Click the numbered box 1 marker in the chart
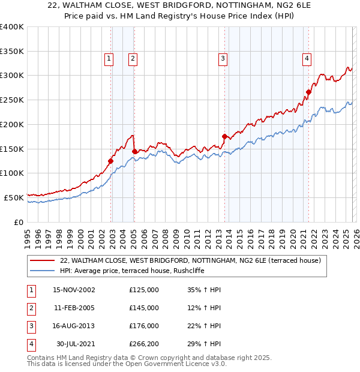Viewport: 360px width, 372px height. [109, 58]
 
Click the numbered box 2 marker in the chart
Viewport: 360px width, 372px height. [132, 58]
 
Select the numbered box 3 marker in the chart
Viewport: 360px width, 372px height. [223, 58]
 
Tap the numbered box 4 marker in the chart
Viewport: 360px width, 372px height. [307, 58]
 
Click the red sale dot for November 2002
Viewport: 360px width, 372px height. [111, 161]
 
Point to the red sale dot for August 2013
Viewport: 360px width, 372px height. [224, 136]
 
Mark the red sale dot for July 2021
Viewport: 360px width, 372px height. [308, 92]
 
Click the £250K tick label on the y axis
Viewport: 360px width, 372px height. [12, 100]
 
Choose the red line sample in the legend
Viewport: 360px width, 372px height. [43, 260]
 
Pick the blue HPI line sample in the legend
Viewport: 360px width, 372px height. [43, 271]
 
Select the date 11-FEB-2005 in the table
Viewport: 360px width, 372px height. [74, 308]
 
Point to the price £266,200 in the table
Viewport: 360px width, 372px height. [143, 344]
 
